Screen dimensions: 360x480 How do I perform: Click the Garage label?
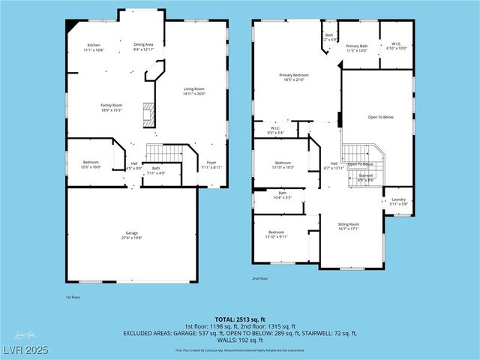pos(131,235)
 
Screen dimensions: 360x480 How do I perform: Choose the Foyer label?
pos(212,165)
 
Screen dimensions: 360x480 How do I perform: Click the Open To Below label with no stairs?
pos(380,117)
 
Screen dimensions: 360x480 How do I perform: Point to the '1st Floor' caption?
pos(74,297)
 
